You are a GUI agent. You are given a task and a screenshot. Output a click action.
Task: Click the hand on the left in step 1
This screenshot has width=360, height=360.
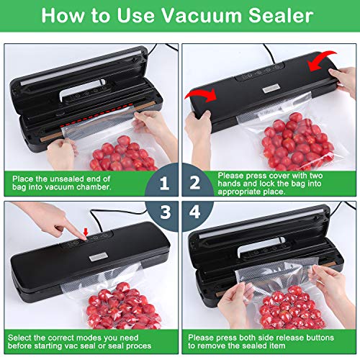coord(60,150)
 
